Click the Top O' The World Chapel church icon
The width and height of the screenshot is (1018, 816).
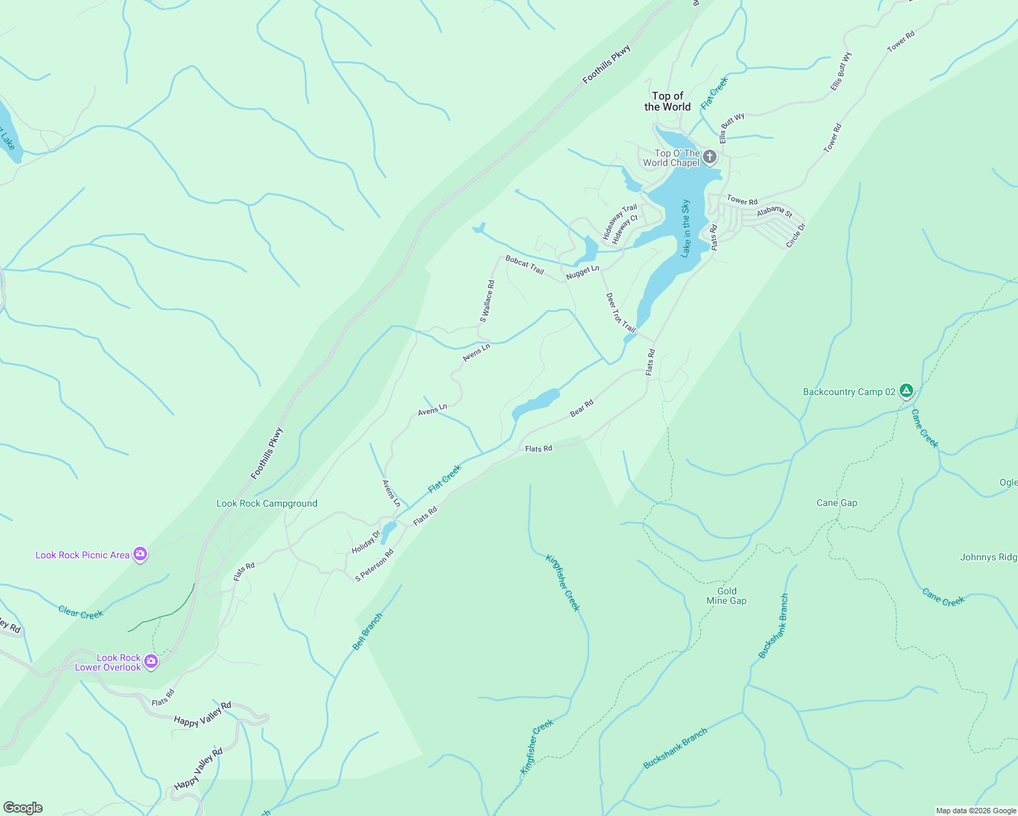coord(709,158)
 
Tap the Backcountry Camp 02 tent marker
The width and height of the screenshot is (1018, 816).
coord(906,391)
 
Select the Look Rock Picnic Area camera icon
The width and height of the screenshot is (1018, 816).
coord(140,555)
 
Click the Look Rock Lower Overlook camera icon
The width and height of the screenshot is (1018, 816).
coord(151,661)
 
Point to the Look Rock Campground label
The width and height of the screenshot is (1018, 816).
coord(267,504)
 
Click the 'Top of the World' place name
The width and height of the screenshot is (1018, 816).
coord(668,101)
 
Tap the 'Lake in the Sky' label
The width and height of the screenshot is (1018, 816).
coord(686,228)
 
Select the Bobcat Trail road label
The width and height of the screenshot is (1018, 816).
coord(525,265)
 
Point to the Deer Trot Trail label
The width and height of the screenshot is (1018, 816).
coord(621,313)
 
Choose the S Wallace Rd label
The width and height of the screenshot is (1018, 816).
coord(487,301)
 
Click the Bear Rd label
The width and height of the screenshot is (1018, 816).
coord(582,408)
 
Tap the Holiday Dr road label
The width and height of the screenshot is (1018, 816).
coord(366,542)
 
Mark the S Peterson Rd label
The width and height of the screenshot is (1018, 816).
coord(374,566)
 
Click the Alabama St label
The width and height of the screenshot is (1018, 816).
coord(774,212)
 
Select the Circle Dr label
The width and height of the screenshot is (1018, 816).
coord(795,235)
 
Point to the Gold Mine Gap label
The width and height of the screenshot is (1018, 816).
coord(727,596)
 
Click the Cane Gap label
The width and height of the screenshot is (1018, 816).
coord(837,503)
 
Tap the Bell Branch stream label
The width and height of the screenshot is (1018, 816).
coord(368,632)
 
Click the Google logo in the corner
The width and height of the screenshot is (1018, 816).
coord(22,807)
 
